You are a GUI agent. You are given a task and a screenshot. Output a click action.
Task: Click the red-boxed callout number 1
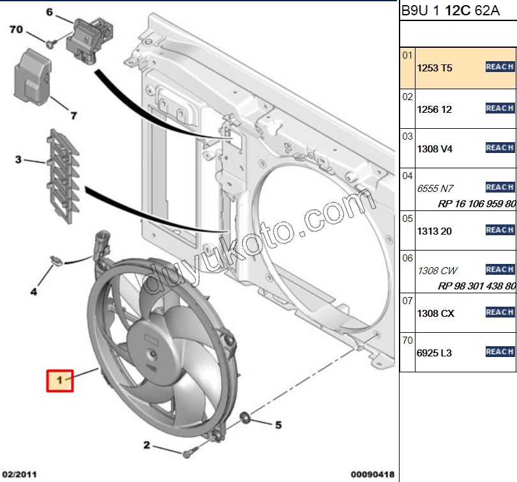coord(59,381)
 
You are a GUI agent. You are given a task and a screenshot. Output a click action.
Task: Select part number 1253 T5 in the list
coord(434,68)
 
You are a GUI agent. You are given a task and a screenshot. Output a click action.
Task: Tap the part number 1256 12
coord(434,110)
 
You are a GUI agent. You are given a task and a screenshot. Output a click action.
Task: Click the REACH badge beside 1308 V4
coord(499,148)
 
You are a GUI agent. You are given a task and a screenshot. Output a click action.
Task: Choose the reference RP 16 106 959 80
coord(476,204)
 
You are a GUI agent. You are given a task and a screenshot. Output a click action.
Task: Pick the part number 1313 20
coord(434,231)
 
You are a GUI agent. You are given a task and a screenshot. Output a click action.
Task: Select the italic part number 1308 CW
coord(437,271)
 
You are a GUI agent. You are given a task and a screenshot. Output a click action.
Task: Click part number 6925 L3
coord(434,353)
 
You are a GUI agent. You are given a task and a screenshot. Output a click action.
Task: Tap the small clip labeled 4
coord(56,261)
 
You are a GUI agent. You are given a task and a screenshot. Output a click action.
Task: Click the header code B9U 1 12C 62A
coord(441,11)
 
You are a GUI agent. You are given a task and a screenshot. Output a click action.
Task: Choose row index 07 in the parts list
coord(407,300)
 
